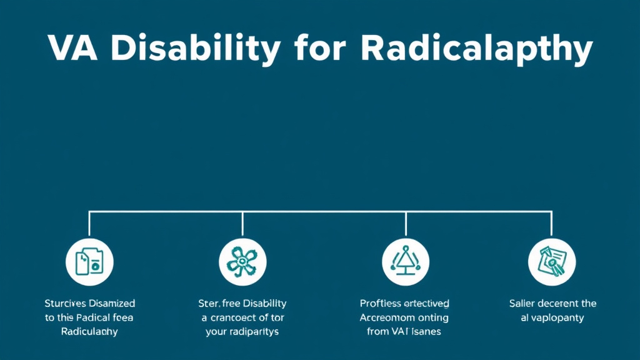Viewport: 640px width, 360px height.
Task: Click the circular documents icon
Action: (x=89, y=261)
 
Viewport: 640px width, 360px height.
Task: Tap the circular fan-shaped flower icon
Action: (x=242, y=261)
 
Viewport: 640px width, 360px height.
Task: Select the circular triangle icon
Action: (x=406, y=261)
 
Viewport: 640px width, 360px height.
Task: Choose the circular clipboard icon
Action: (x=552, y=261)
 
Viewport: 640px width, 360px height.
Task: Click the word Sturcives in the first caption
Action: (x=65, y=303)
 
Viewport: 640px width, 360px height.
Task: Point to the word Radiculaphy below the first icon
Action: (x=89, y=331)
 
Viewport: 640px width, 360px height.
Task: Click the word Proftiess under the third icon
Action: (x=381, y=303)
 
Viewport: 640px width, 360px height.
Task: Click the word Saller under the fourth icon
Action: (x=522, y=303)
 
